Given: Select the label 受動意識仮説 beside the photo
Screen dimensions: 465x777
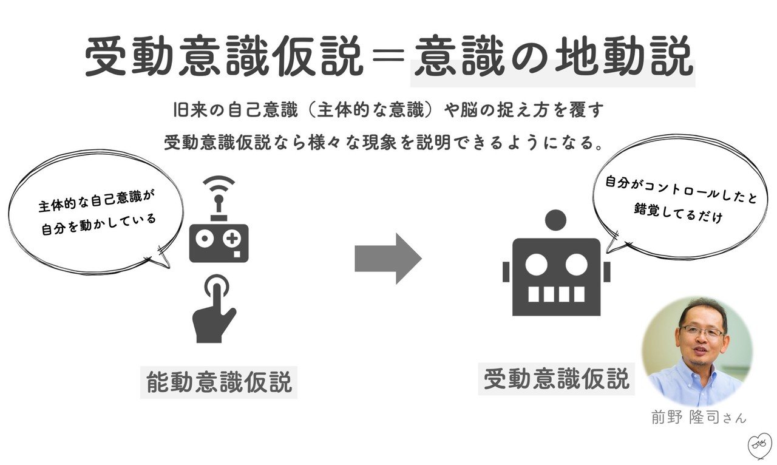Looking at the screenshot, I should pyautogui.click(x=556, y=379).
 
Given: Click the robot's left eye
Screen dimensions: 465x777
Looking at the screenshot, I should pyautogui.click(x=535, y=264).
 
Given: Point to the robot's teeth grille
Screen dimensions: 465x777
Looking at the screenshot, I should pyautogui.click(x=556, y=294).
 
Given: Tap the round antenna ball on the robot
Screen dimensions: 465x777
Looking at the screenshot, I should pyautogui.click(x=555, y=220).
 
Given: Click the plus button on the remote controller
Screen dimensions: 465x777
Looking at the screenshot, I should pyautogui.click(x=231, y=239).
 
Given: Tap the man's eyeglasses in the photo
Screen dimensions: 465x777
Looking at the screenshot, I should pyautogui.click(x=702, y=331).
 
